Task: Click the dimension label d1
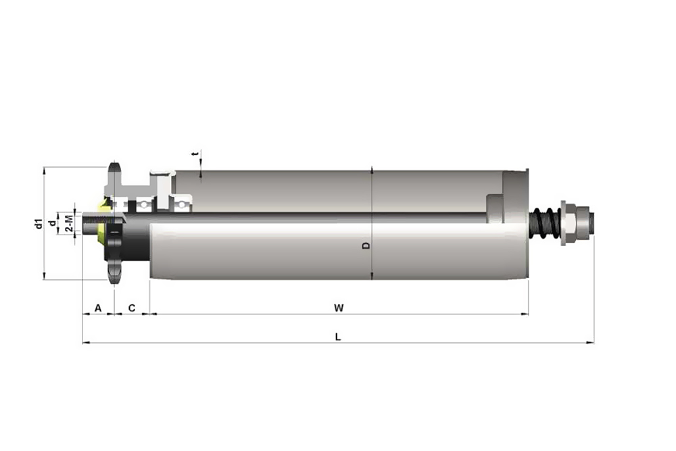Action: click(x=39, y=224)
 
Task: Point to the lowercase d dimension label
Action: click(x=52, y=223)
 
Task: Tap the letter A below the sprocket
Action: click(x=98, y=308)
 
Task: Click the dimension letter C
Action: click(x=132, y=308)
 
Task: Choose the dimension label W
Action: click(x=339, y=308)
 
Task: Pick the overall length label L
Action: click(x=338, y=337)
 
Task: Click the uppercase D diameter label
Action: click(x=366, y=245)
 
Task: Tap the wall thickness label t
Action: click(x=196, y=154)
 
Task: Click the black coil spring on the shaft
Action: click(x=546, y=223)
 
